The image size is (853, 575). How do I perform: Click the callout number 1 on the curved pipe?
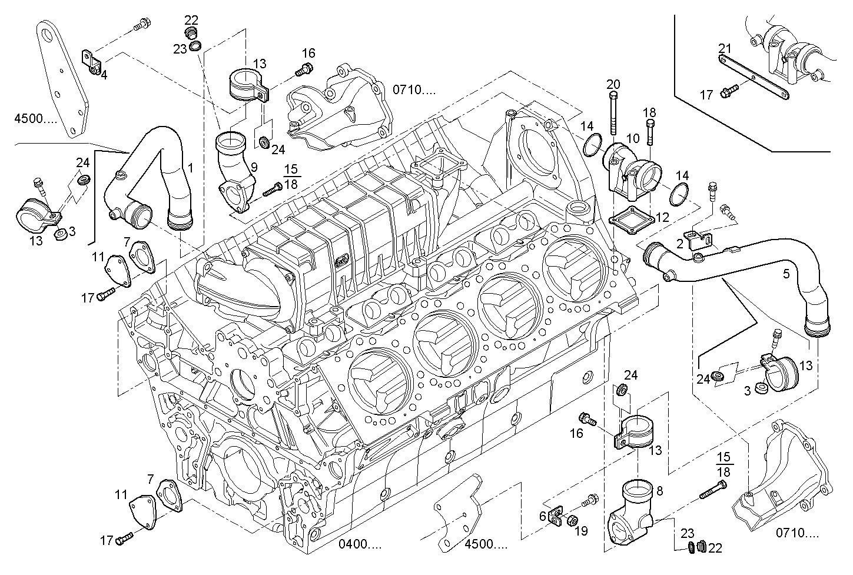(x=190, y=168)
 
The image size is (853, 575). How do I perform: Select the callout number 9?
(x=254, y=167)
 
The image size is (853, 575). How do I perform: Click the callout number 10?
(x=633, y=139)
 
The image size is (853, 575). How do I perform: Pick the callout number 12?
(x=662, y=217)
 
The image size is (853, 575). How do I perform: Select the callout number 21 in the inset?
(x=725, y=48)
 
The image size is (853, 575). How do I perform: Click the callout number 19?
(x=581, y=531)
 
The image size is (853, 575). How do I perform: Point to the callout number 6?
(x=542, y=516)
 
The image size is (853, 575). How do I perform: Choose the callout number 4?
(x=104, y=75)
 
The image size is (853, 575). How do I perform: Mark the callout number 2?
(x=680, y=242)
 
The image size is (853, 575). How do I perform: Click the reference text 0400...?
(x=360, y=544)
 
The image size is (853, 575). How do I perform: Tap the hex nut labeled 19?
(x=570, y=520)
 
